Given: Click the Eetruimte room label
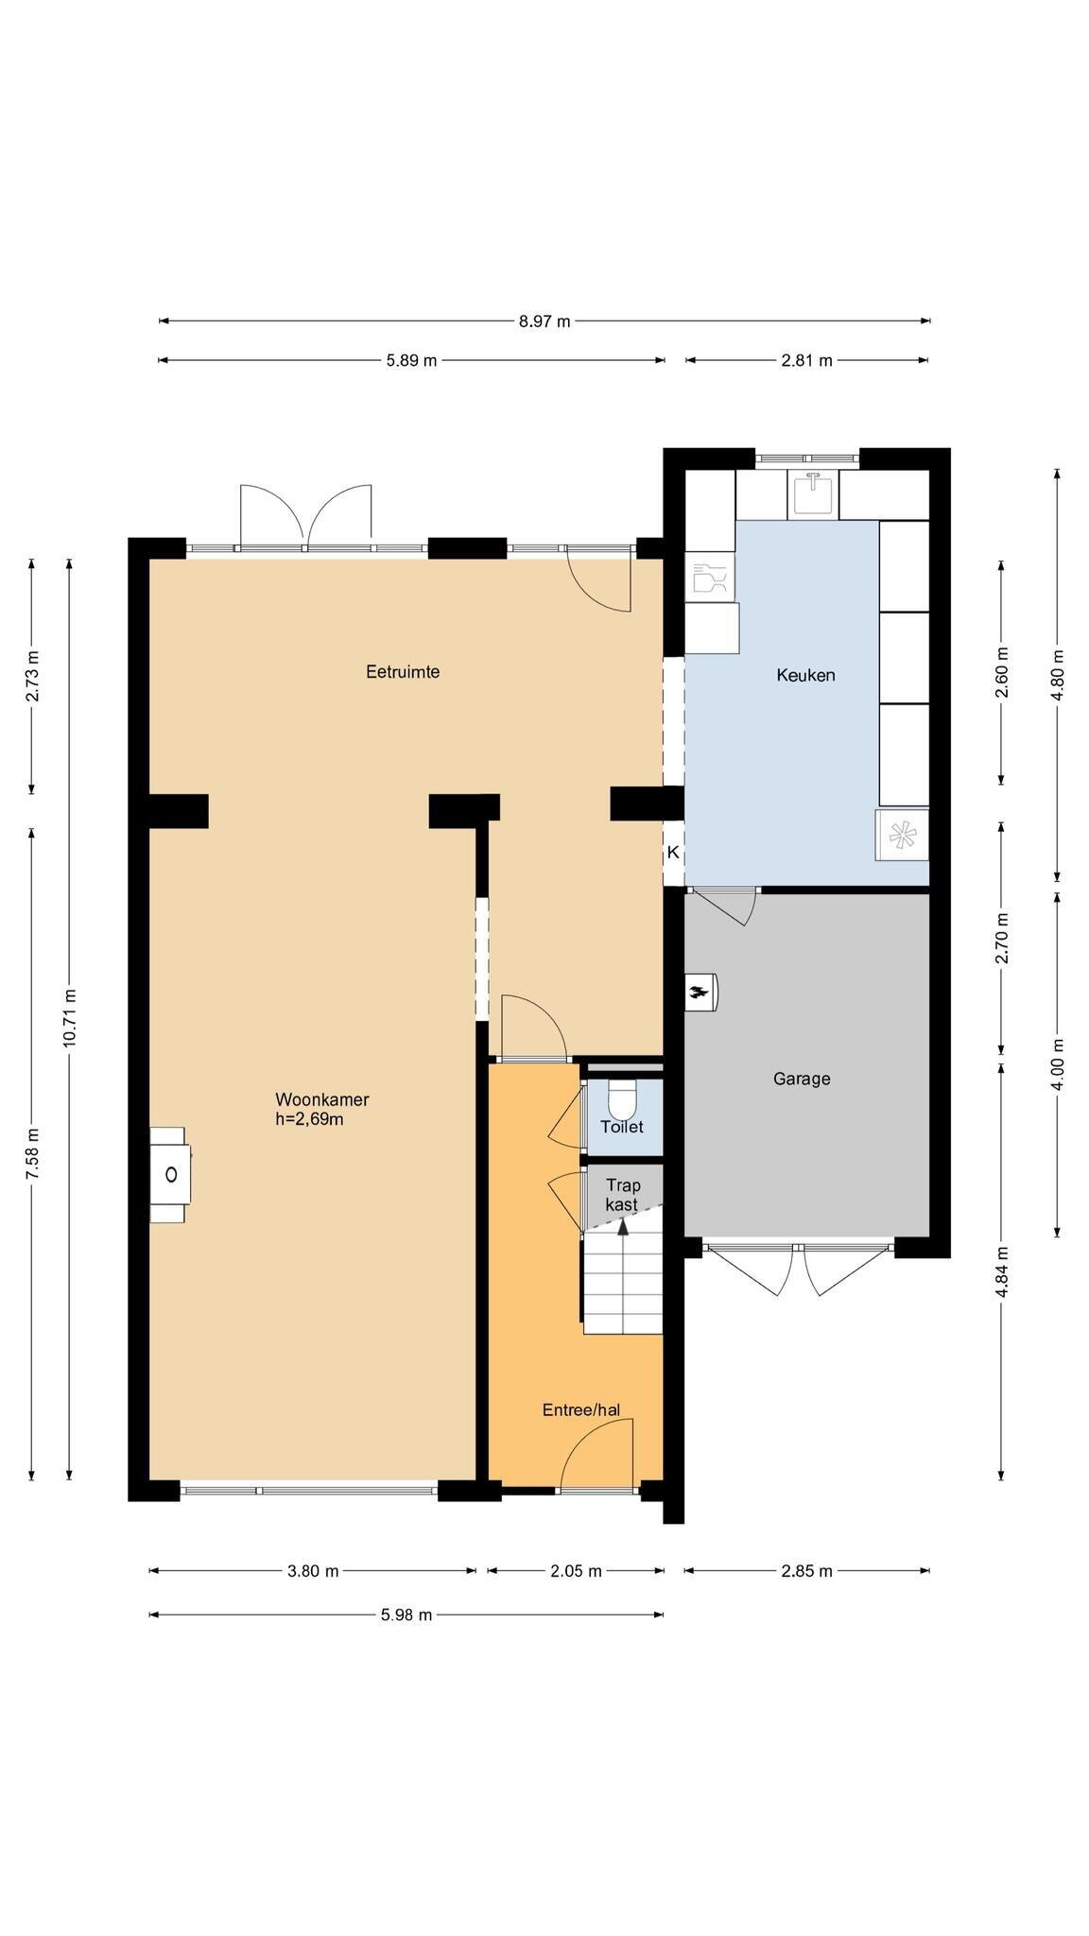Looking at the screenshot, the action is pyautogui.click(x=403, y=672).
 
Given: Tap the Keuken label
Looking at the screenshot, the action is pyautogui.click(x=805, y=675).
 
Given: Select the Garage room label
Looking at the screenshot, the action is pyautogui.click(x=802, y=1079).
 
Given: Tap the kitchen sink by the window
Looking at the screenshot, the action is pyautogui.click(x=813, y=493).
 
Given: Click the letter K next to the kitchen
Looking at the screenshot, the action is pyautogui.click(x=673, y=852).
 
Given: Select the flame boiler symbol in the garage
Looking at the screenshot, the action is pyautogui.click(x=700, y=993).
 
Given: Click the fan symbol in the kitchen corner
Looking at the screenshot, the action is pyautogui.click(x=902, y=835).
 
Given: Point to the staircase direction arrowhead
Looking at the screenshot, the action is pyautogui.click(x=623, y=1227).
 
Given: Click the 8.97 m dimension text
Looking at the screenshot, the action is pyautogui.click(x=544, y=321).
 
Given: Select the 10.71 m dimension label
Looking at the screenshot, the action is pyautogui.click(x=69, y=1017).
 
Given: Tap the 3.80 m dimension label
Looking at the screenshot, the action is pyautogui.click(x=312, y=1571).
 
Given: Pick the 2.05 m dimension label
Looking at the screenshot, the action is pyautogui.click(x=576, y=1571).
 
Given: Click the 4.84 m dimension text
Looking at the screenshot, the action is pyautogui.click(x=1001, y=1272).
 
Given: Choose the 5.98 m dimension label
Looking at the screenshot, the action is pyautogui.click(x=406, y=1615).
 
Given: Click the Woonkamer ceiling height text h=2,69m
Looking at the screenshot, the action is pyautogui.click(x=309, y=1120).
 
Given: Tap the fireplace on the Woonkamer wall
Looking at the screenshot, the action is pyautogui.click(x=170, y=1174).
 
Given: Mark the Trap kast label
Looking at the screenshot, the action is pyautogui.click(x=622, y=1195).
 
